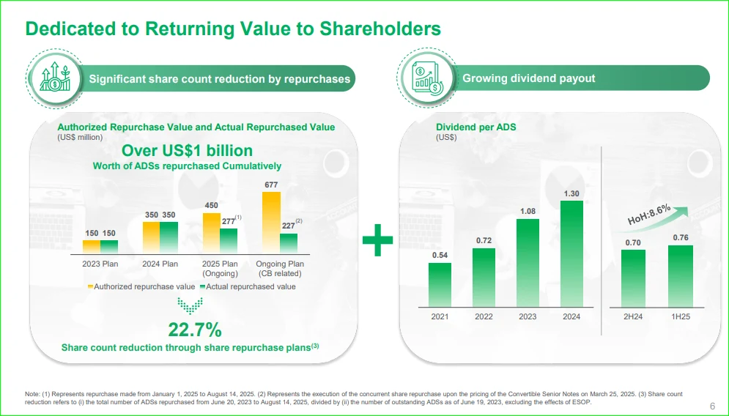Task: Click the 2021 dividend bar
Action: pyautogui.click(x=440, y=284)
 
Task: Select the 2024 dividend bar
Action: pyautogui.click(x=571, y=253)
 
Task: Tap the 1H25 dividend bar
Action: pyautogui.click(x=681, y=275)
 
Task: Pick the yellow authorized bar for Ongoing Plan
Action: pyautogui.click(x=271, y=223)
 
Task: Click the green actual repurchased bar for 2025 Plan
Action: pyautogui.click(x=229, y=241)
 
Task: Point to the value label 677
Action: pyautogui.click(x=271, y=185)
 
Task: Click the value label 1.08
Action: pyautogui.click(x=528, y=212)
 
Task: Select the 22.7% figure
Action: pyautogui.click(x=195, y=329)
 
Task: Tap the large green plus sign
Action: pyautogui.click(x=377, y=241)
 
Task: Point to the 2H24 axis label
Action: pyautogui.click(x=634, y=317)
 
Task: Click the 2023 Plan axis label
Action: pyautogui.click(x=100, y=264)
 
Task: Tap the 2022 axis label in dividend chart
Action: pyautogui.click(x=484, y=317)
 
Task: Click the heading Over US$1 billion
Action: pyautogui.click(x=187, y=151)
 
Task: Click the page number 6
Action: pyautogui.click(x=713, y=406)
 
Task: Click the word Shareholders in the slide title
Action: pyautogui.click(x=377, y=29)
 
